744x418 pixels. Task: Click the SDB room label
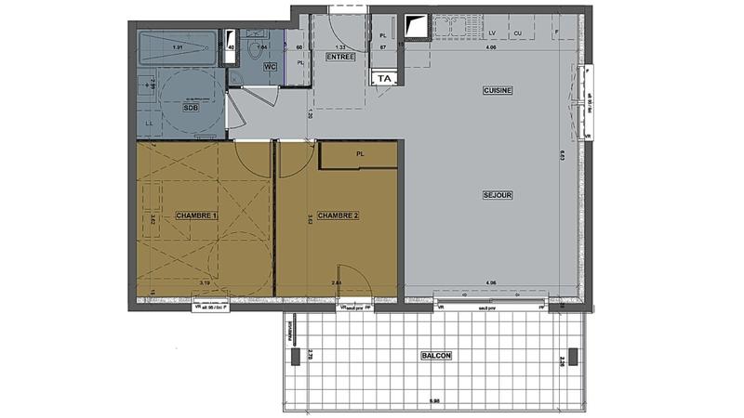point(191,108)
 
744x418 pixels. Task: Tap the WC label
point(270,68)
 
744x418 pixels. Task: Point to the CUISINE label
point(498,90)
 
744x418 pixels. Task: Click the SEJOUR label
point(498,195)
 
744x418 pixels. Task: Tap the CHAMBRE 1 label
point(196,216)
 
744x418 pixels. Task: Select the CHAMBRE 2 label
point(339,216)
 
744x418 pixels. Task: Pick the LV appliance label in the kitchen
point(492,33)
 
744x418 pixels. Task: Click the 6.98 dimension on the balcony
point(433,401)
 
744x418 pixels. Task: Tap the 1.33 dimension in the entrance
point(340,46)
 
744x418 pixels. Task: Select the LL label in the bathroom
point(150,123)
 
